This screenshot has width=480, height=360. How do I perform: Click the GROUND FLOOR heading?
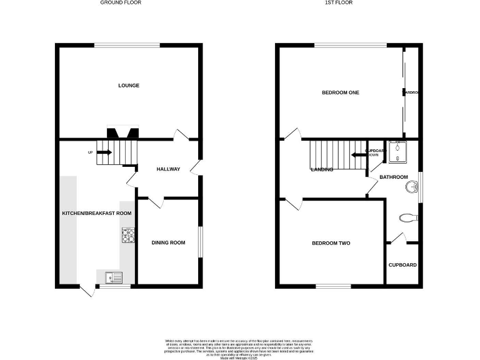121,2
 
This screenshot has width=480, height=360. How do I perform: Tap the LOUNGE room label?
129,86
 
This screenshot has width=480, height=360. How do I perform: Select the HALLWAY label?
168,169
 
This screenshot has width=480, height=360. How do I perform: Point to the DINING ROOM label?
169,242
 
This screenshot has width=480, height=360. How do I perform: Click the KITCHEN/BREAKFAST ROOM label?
97,213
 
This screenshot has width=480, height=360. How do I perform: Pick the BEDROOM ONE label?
341,92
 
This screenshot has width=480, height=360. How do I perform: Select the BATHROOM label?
394,177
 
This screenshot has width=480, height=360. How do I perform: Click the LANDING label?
322,169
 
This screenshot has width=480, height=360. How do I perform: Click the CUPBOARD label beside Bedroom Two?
402,265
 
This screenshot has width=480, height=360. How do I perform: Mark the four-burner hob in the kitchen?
129,235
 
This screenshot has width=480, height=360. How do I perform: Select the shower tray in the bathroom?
397,152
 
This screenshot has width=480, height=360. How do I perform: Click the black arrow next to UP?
104,152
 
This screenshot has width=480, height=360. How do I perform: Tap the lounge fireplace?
122,132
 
